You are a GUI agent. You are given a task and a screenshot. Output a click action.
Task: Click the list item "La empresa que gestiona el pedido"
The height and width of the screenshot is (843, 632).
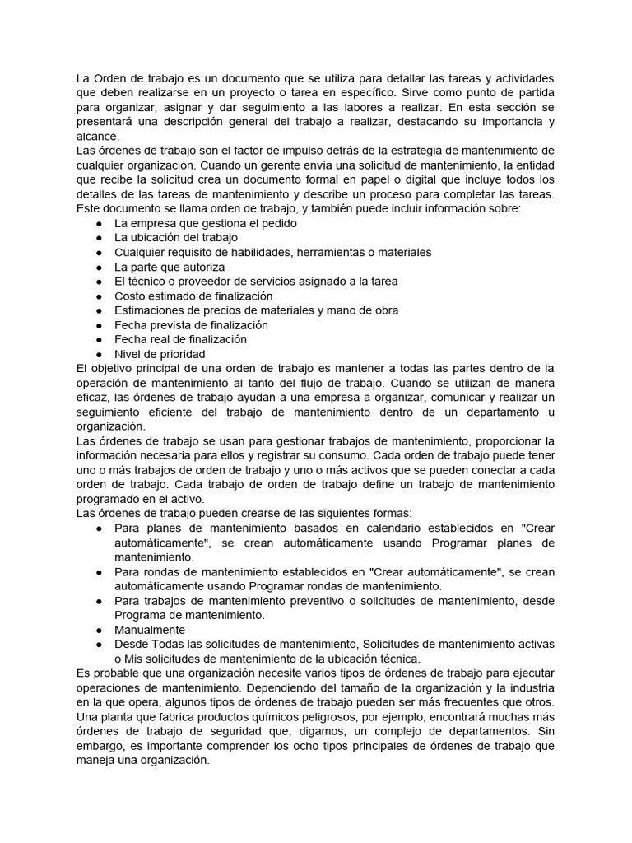point(205,223)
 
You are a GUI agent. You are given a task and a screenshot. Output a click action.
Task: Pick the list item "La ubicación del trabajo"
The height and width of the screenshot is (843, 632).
point(175,237)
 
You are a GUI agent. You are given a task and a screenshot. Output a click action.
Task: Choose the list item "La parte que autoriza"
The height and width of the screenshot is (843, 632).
point(169,267)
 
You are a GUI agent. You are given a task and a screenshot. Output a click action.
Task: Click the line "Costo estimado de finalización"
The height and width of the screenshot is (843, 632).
point(193,296)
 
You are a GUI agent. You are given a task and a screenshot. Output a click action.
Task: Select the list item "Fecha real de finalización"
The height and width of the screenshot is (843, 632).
point(180,339)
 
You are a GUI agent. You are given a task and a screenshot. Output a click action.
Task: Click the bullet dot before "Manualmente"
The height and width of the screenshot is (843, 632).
point(99,630)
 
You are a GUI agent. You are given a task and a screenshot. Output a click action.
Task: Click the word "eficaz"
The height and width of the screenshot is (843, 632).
point(95,398)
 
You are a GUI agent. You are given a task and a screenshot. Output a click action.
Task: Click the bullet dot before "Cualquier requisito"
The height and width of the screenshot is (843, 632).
point(99,252)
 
